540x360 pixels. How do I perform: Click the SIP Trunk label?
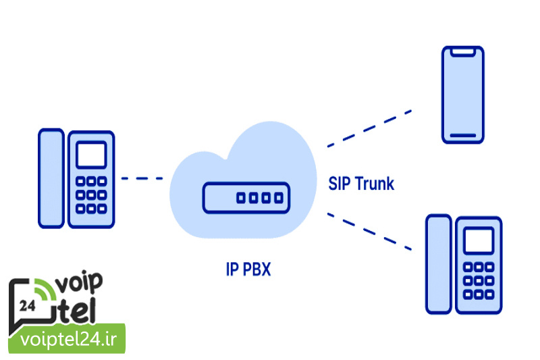pyautogui.click(x=361, y=182)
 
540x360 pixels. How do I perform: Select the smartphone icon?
pyautogui.click(x=462, y=95)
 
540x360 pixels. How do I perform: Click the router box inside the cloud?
pyautogui.click(x=246, y=198)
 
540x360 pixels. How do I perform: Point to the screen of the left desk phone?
pyautogui.click(x=91, y=155)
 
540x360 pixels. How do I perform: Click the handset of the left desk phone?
pyautogui.click(x=51, y=178)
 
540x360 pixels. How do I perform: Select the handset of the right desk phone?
pyautogui.click(x=438, y=265)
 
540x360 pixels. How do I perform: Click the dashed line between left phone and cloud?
pyautogui.click(x=142, y=178)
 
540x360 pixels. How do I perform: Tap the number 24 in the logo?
pyautogui.click(x=28, y=305)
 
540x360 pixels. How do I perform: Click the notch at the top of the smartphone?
pyautogui.click(x=462, y=51)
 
